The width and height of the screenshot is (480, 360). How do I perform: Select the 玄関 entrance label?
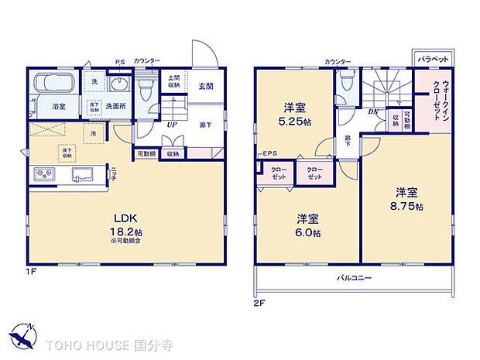point(205,87)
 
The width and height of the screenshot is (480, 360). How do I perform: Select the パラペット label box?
point(429,59)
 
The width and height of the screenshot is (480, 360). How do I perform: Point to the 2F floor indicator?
point(259,302)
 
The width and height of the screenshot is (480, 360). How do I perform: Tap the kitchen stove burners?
point(43,175)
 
